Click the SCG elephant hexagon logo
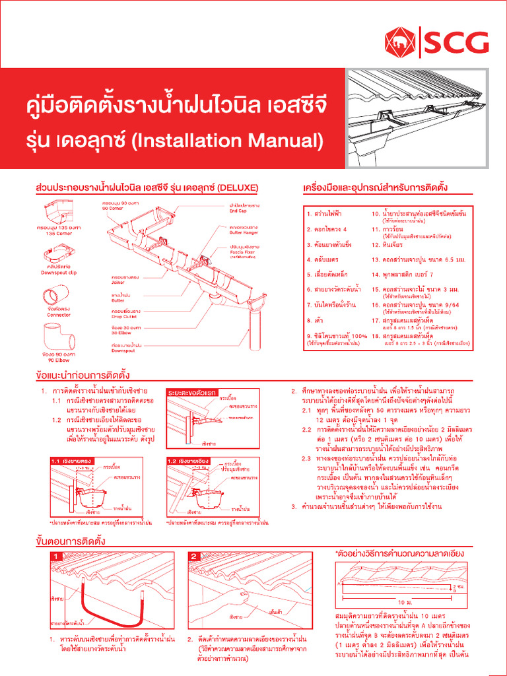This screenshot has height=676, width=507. (x=401, y=42)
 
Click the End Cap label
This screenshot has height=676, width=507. (x=238, y=211)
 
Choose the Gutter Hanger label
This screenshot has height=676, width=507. (x=242, y=233)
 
